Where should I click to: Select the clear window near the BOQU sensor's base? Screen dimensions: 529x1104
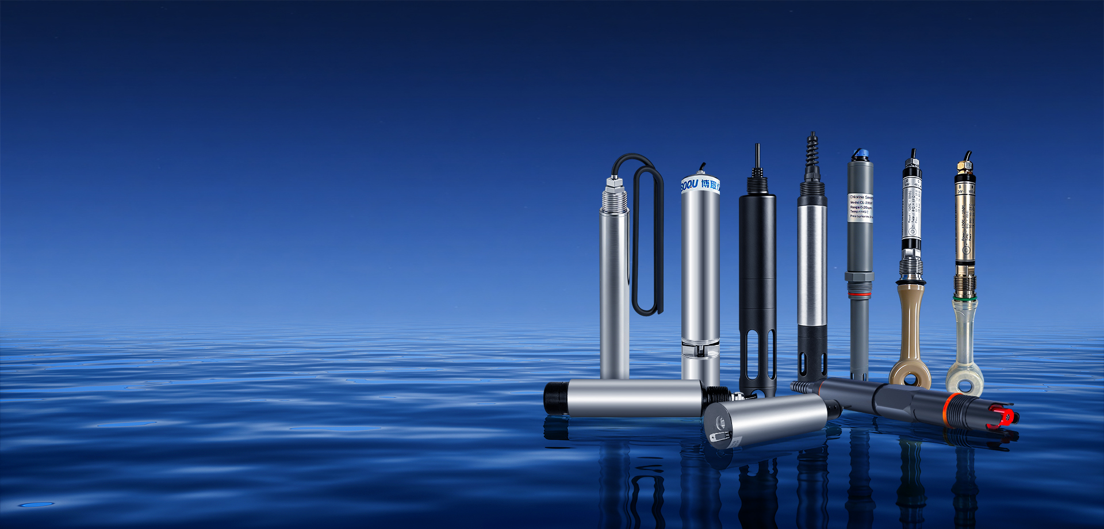click(700, 348)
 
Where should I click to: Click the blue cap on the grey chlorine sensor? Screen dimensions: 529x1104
click(860, 154)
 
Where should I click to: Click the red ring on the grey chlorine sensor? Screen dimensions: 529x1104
click(860, 294)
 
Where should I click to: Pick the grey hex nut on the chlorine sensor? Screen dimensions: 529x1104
click(860, 277)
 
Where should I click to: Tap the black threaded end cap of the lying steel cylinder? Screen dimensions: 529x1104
click(555, 397)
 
